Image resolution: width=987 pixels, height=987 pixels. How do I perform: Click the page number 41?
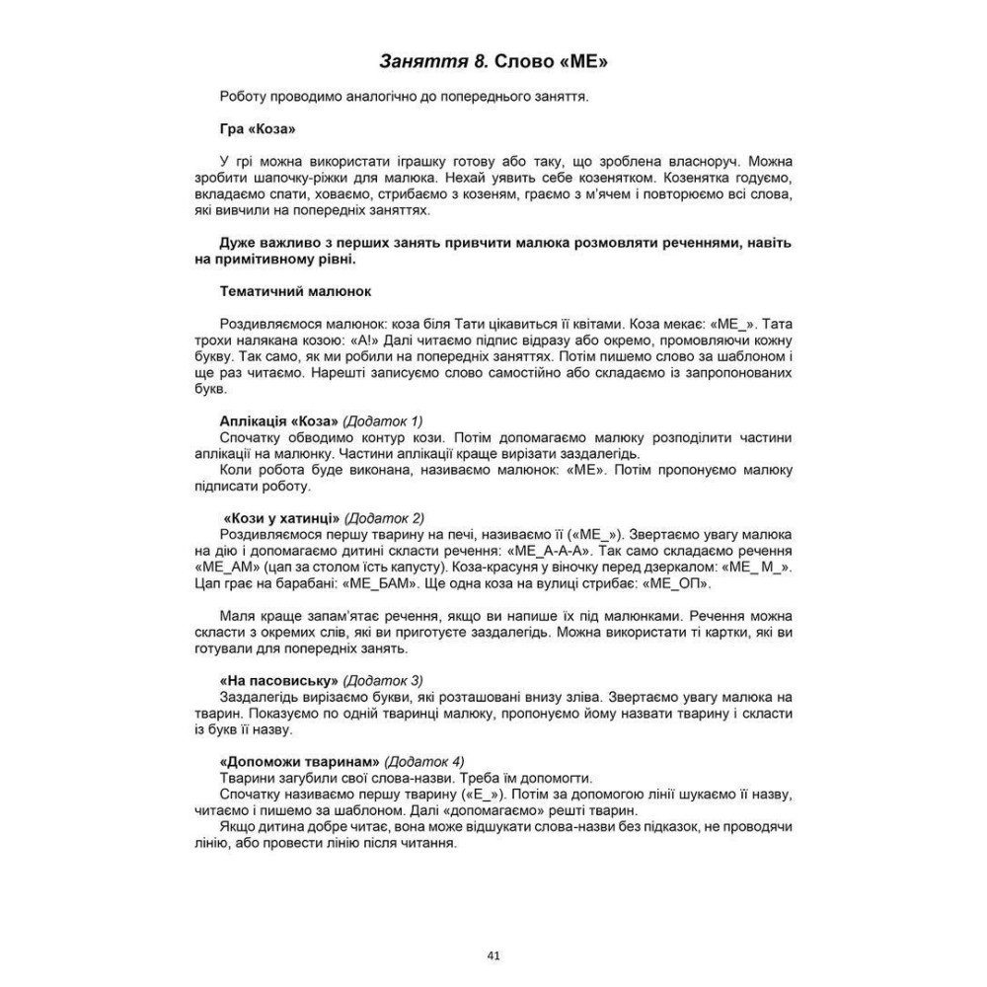click(x=494, y=955)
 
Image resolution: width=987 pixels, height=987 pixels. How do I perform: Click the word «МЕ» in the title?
click(x=579, y=63)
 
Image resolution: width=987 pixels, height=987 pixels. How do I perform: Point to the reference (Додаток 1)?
click(x=384, y=420)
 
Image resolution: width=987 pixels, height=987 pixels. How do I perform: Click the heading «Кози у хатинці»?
click(x=282, y=517)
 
